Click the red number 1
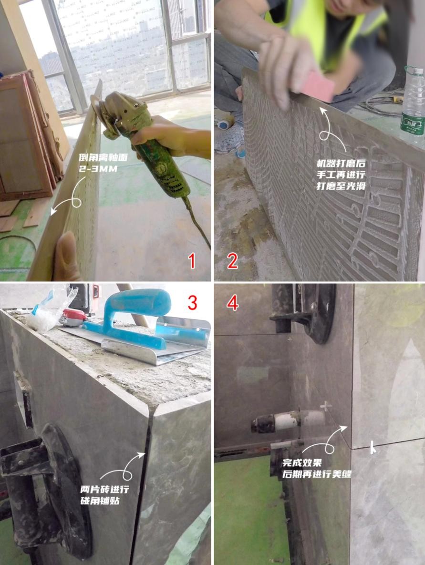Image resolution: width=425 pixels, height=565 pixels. click(192, 260)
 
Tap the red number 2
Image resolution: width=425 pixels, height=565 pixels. click(232, 260)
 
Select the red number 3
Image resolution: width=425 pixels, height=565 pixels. click(193, 303)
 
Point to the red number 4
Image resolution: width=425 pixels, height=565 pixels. click(233, 303)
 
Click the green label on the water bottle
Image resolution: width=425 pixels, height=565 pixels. click(413, 124)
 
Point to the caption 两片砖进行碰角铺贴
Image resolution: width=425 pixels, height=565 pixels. click(104, 495)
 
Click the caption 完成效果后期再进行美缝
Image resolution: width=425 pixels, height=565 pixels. click(317, 468)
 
